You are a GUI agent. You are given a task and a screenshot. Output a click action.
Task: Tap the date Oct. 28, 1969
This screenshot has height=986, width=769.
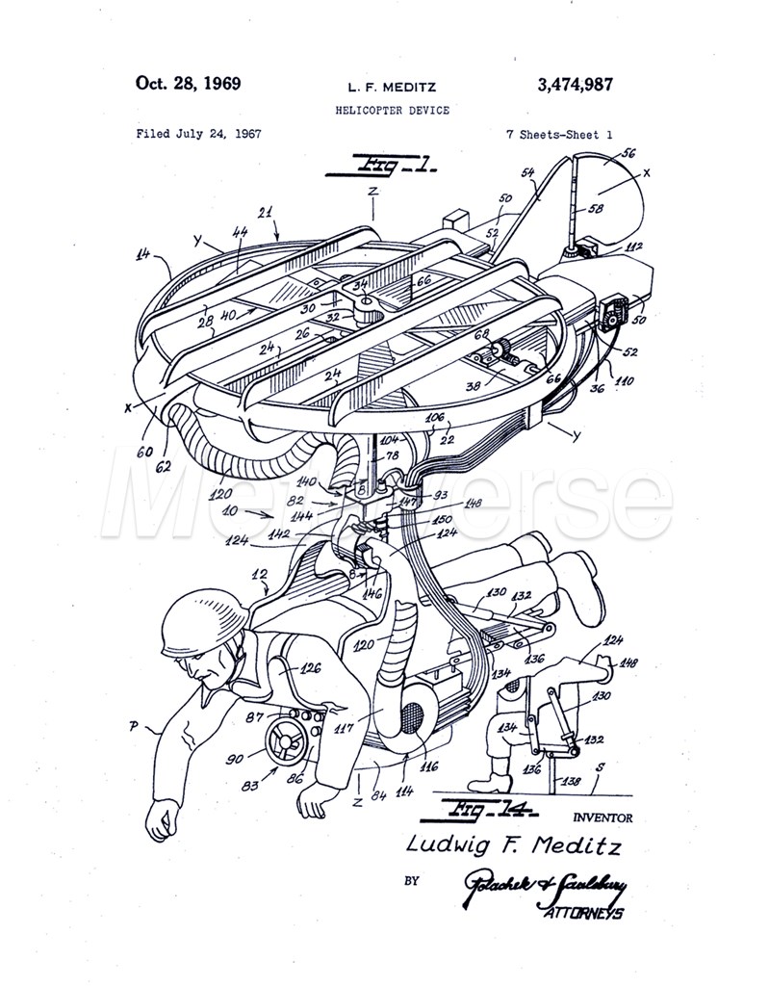(188, 83)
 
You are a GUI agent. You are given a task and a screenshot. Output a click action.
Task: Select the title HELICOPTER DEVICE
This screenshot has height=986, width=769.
(392, 111)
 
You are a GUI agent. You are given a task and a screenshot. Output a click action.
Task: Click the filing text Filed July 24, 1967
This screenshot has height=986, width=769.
(198, 135)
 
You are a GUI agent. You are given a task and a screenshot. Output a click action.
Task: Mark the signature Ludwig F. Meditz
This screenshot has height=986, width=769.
(514, 846)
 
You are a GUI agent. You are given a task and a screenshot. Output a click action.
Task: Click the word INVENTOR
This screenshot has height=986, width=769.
(602, 819)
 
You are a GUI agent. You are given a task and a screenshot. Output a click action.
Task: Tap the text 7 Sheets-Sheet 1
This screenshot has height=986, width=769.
(559, 135)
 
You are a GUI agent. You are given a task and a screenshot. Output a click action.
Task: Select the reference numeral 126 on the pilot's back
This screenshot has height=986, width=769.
(311, 667)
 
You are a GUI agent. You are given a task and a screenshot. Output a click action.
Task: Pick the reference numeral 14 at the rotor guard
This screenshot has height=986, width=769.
(145, 254)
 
